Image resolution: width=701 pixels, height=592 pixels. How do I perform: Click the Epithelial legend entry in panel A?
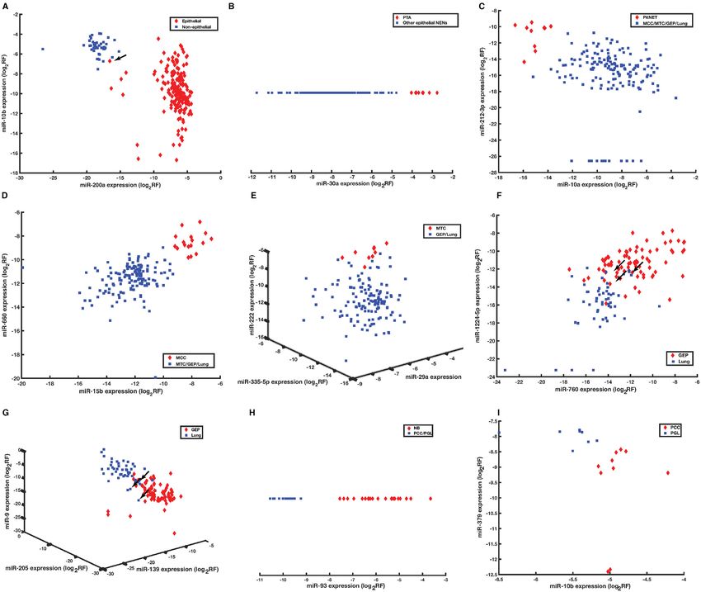(x=188, y=18)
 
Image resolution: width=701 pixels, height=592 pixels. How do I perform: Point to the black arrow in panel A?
(x=121, y=57)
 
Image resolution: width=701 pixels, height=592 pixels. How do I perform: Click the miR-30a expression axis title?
(x=356, y=187)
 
